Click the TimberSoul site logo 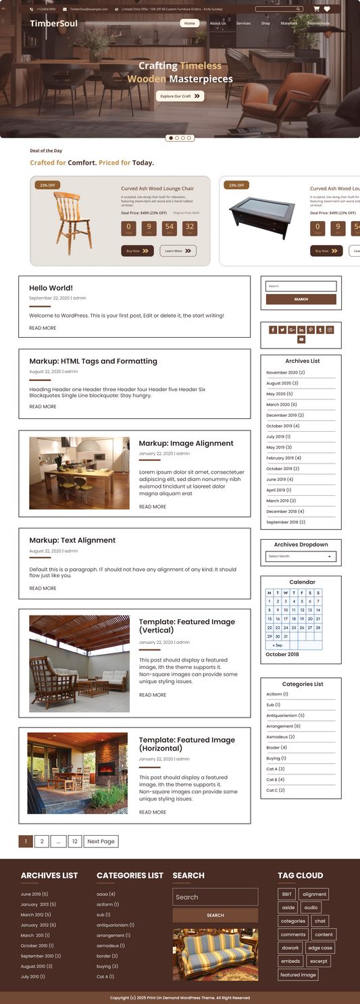[x=53, y=24]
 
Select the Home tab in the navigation [x=189, y=23]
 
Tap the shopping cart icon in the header [x=316, y=9]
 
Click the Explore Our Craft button [x=180, y=96]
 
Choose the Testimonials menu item [x=319, y=23]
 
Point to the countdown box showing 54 [x=169, y=228]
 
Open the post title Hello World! [x=51, y=288]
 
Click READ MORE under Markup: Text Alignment [x=43, y=588]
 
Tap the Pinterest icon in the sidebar [x=311, y=330]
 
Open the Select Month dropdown [x=301, y=557]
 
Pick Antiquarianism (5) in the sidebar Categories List [x=285, y=716]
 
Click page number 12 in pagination [x=74, y=841]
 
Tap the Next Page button [x=101, y=841]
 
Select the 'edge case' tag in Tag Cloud [x=320, y=948]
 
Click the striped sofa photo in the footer [x=215, y=954]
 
